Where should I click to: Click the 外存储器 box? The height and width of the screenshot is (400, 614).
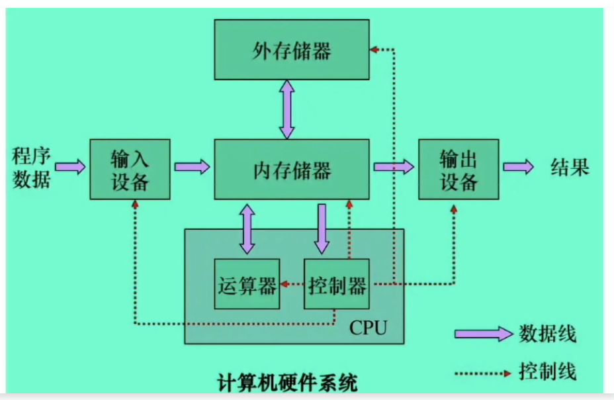tap(292, 50)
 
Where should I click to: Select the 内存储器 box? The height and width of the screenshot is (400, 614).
tap(292, 170)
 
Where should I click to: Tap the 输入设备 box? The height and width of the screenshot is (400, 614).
tap(130, 170)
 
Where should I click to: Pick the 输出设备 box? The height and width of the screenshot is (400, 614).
tap(458, 170)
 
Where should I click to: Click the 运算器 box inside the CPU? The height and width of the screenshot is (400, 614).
tap(247, 285)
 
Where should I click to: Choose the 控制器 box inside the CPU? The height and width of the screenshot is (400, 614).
tap(337, 285)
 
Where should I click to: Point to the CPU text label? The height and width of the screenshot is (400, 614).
tap(368, 327)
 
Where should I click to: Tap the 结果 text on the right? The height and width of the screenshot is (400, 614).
tap(570, 167)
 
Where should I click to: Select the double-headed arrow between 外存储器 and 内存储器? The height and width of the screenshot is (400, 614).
tap(286, 109)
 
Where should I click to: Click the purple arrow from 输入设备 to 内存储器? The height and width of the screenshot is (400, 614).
tap(192, 166)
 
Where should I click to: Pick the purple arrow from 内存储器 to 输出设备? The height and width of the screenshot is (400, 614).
tap(394, 166)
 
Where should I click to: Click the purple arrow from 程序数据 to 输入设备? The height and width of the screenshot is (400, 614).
tap(70, 166)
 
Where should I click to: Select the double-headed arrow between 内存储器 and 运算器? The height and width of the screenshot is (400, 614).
tap(247, 229)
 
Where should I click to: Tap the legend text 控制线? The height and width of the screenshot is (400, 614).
tap(547, 371)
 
